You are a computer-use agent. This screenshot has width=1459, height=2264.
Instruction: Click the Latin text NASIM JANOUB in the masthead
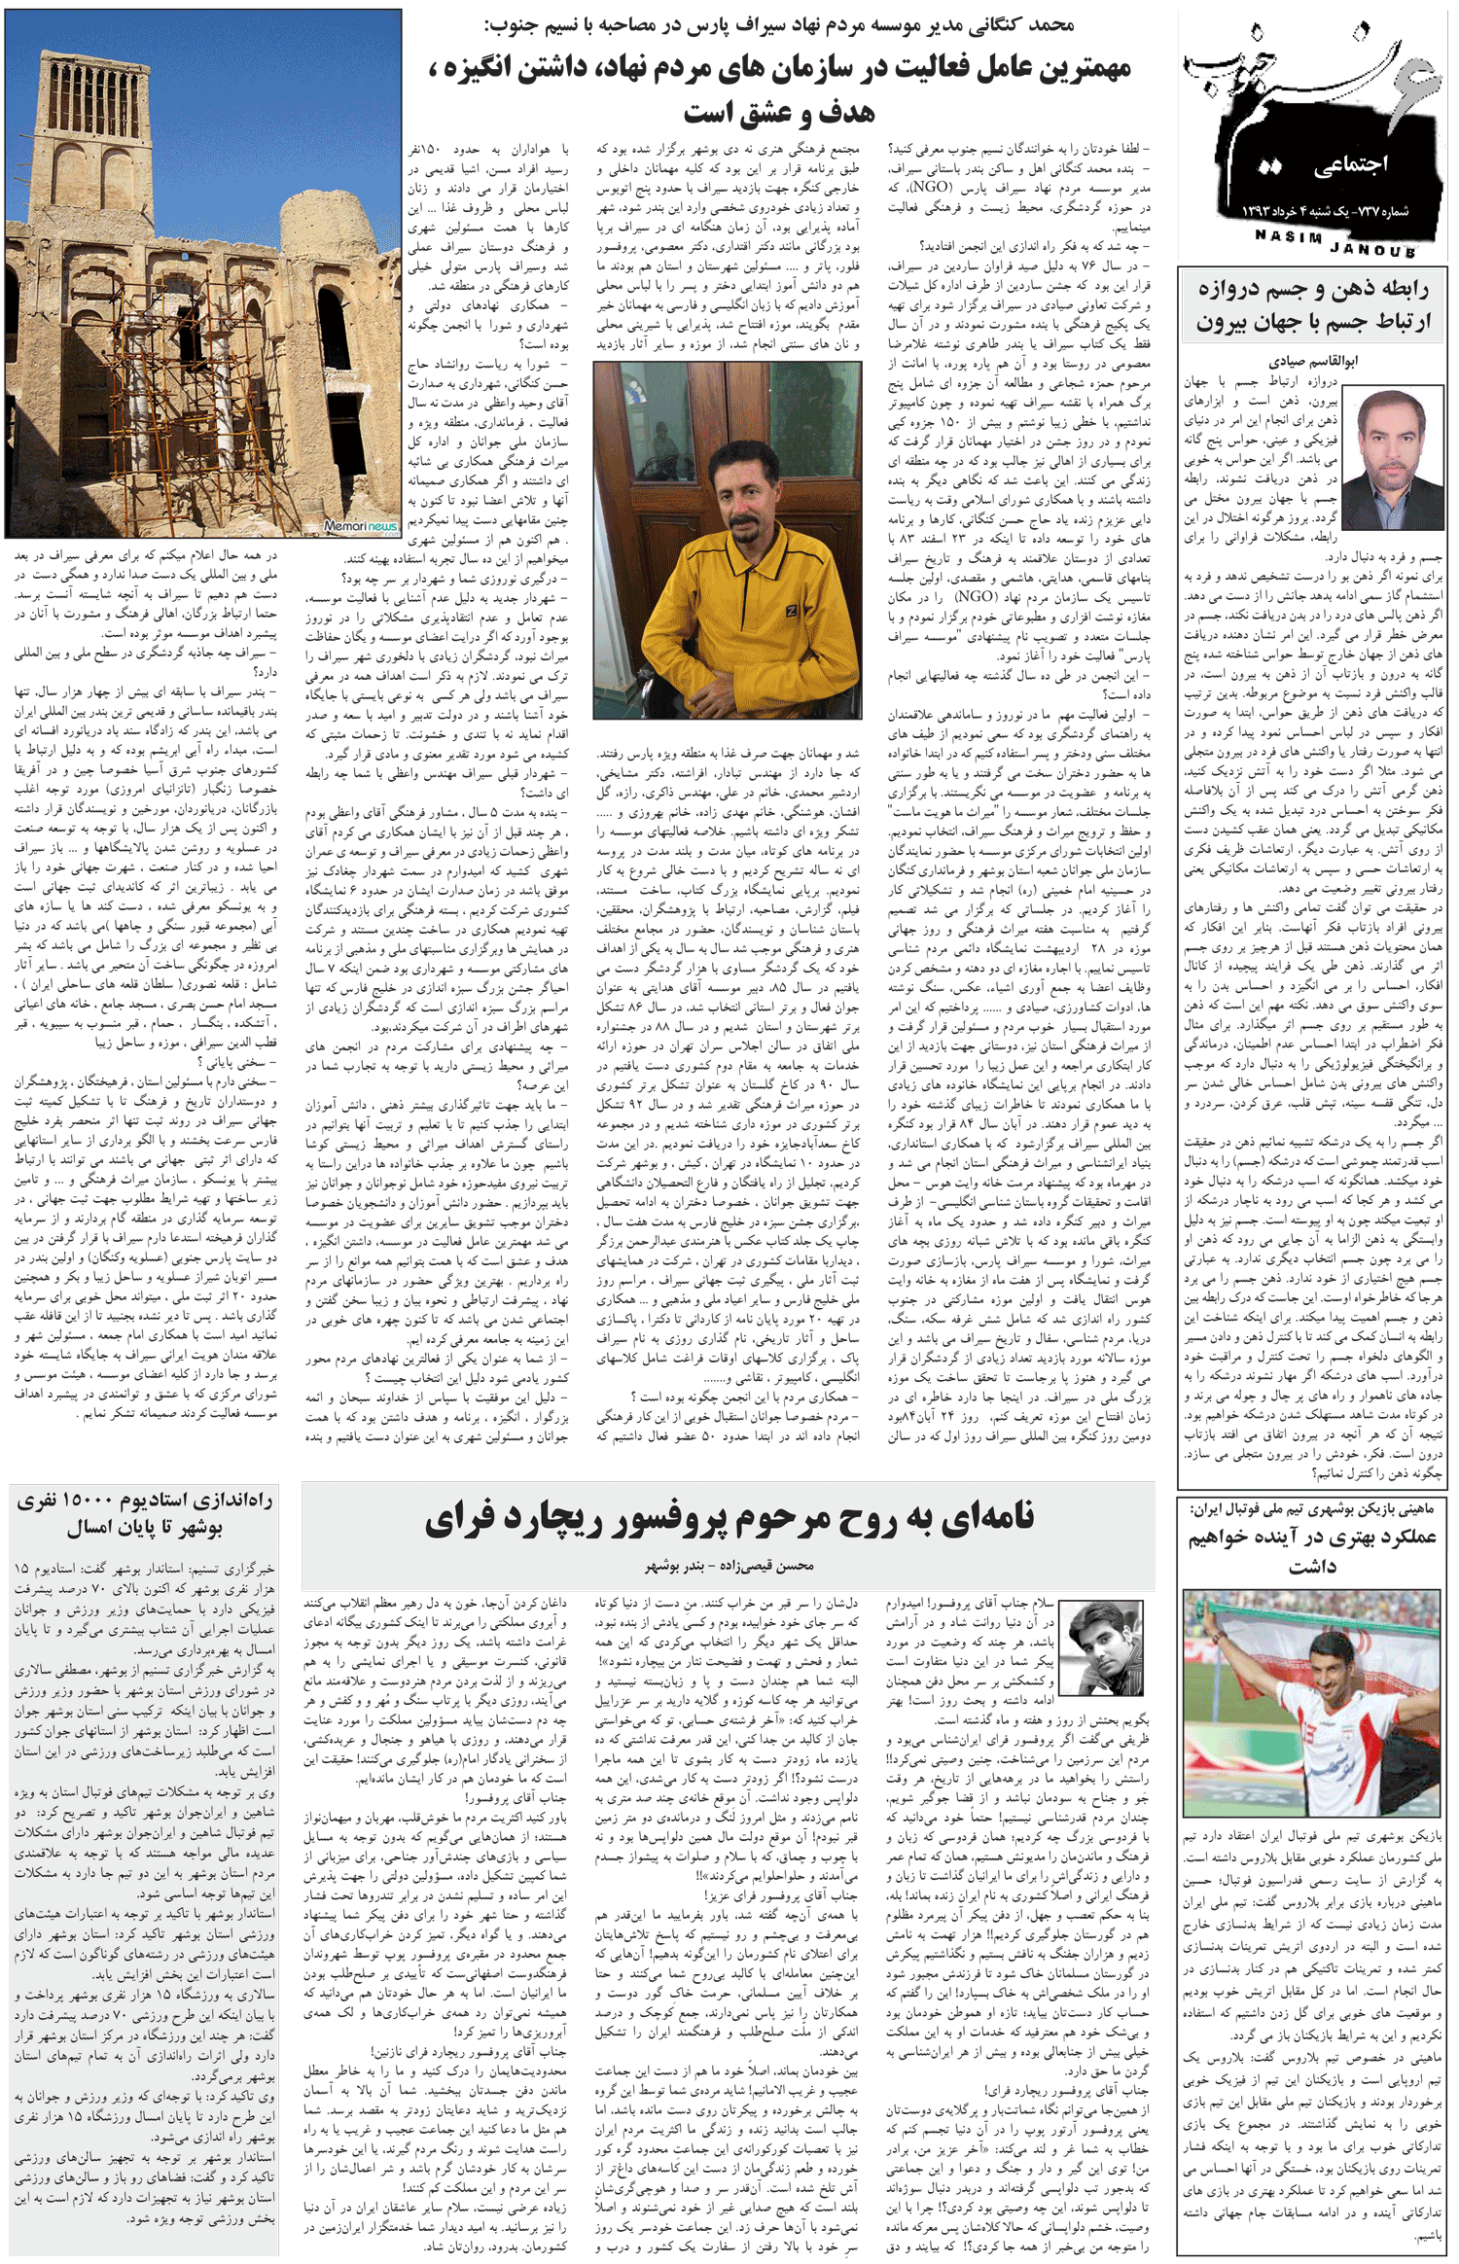click(1334, 243)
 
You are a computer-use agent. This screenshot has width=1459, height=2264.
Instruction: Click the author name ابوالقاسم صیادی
click(1312, 361)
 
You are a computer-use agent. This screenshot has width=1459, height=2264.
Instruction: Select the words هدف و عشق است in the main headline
click(778, 113)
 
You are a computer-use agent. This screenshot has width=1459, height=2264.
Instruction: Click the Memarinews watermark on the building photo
click(360, 526)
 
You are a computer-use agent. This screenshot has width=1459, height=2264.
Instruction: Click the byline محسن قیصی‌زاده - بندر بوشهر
click(729, 1566)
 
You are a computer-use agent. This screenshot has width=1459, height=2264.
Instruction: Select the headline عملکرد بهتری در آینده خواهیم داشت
click(1313, 1551)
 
